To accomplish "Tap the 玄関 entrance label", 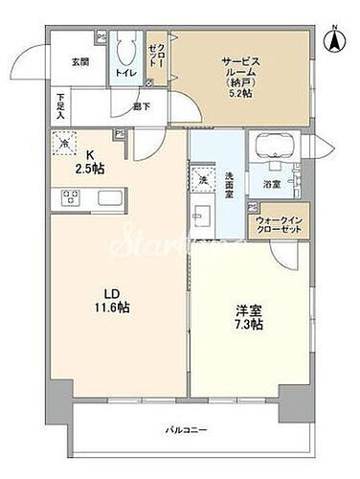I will [x=79, y=63].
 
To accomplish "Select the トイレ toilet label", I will [x=124, y=71].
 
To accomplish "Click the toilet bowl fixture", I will [x=124, y=49].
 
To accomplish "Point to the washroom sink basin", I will [x=204, y=212].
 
